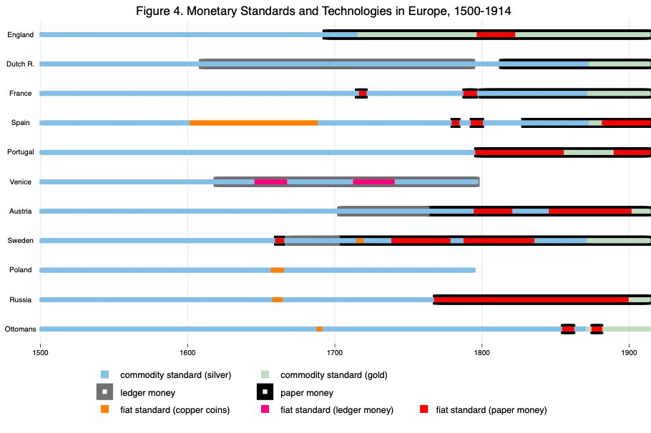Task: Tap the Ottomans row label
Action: tap(21, 329)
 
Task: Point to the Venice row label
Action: tap(21, 181)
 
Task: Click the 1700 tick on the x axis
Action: tap(335, 351)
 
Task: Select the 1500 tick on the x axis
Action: tap(40, 351)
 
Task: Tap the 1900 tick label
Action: tap(629, 351)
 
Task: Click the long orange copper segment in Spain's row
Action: tap(253, 123)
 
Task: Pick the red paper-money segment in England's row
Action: tap(496, 34)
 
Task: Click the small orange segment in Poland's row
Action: tap(277, 270)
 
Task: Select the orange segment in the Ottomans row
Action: tap(319, 329)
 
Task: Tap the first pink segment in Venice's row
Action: tap(270, 181)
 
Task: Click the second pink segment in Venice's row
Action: tap(373, 181)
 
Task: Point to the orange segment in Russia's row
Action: tap(277, 299)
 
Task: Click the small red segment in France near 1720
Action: tap(363, 93)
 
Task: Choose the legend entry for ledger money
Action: tap(148, 392)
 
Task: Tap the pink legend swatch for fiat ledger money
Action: tap(265, 409)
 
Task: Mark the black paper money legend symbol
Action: tap(265, 392)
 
